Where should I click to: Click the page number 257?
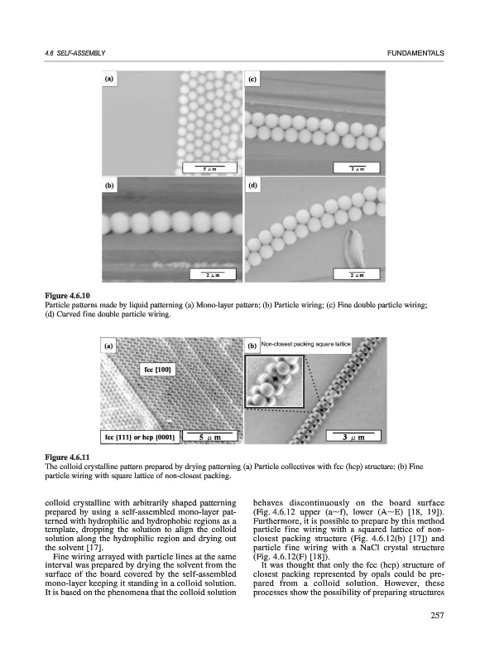coord(437,616)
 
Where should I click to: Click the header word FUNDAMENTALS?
coord(415,53)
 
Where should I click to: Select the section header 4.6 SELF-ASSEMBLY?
coord(74,53)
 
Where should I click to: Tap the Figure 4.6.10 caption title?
coord(68,295)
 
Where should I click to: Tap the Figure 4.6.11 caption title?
coord(68,457)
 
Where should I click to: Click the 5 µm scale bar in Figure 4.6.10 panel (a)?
coord(209,168)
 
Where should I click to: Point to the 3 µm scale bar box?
coord(353,437)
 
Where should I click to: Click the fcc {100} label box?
coord(157,370)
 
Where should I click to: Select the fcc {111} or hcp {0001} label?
coord(140,438)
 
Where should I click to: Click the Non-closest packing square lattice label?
coord(305,344)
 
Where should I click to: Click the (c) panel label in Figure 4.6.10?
coord(252,79)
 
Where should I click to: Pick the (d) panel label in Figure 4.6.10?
coord(252,185)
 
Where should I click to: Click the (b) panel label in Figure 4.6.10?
coord(109,185)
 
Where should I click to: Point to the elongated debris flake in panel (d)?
coord(353,246)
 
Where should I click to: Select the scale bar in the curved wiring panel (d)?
coord(357,274)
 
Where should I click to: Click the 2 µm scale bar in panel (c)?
coord(357,168)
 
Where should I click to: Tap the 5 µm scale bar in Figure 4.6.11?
coord(209,437)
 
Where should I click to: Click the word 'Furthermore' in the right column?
coord(275,521)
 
